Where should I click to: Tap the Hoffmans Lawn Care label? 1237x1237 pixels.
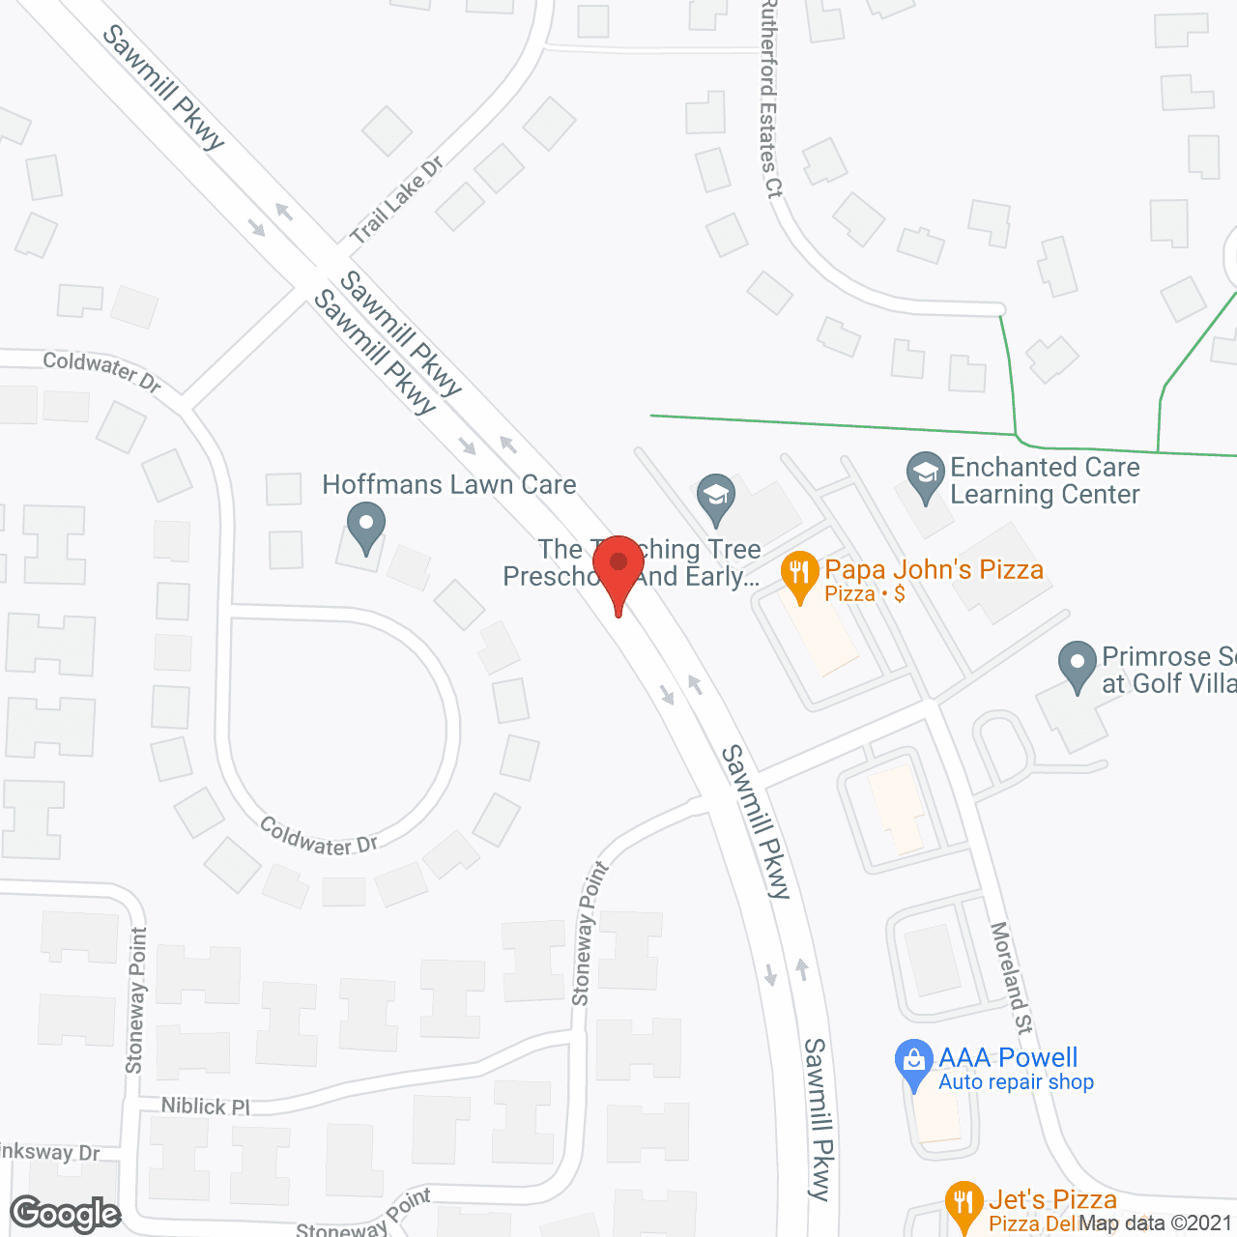click(x=448, y=484)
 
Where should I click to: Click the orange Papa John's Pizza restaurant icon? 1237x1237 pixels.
click(x=798, y=576)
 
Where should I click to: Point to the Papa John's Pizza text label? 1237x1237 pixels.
click(x=934, y=569)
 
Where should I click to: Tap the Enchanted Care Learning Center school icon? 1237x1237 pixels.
click(x=926, y=475)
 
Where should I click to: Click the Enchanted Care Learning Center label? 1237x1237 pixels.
click(x=1045, y=480)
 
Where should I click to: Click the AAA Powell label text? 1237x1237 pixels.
click(x=1008, y=1057)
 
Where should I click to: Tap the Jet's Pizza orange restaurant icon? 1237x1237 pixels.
click(x=963, y=1204)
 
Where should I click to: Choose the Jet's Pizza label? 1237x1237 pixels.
click(x=1052, y=1200)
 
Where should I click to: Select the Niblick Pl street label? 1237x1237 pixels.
click(x=206, y=1106)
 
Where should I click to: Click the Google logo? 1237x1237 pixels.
click(x=66, y=1214)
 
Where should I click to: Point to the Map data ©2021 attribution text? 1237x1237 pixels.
click(x=1156, y=1223)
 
